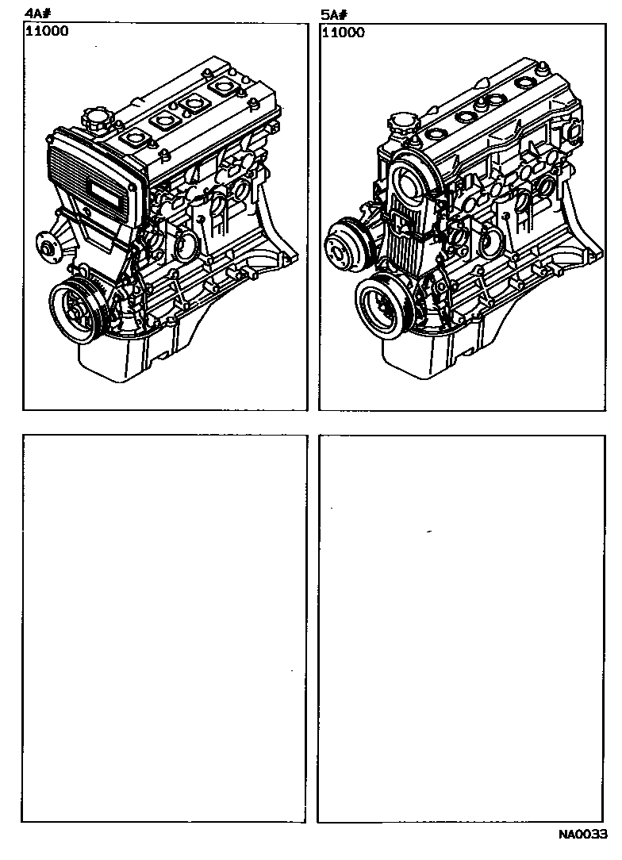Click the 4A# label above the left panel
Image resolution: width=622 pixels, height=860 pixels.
pos(34,15)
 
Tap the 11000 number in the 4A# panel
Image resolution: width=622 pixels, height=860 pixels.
pos(47,31)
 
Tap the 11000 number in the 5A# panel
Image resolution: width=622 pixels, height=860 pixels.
pos(344,33)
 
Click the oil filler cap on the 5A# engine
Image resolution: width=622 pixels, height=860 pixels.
pos(403,123)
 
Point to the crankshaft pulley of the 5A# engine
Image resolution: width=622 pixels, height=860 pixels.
pos(383,310)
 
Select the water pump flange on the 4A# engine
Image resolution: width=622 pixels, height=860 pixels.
pos(47,244)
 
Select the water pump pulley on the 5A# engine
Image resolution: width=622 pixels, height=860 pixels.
pos(346,241)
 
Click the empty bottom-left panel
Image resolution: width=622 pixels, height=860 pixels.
pos(164,628)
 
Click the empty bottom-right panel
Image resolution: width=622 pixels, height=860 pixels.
pos(462,628)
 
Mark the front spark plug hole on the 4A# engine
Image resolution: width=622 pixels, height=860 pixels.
pos(133,138)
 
